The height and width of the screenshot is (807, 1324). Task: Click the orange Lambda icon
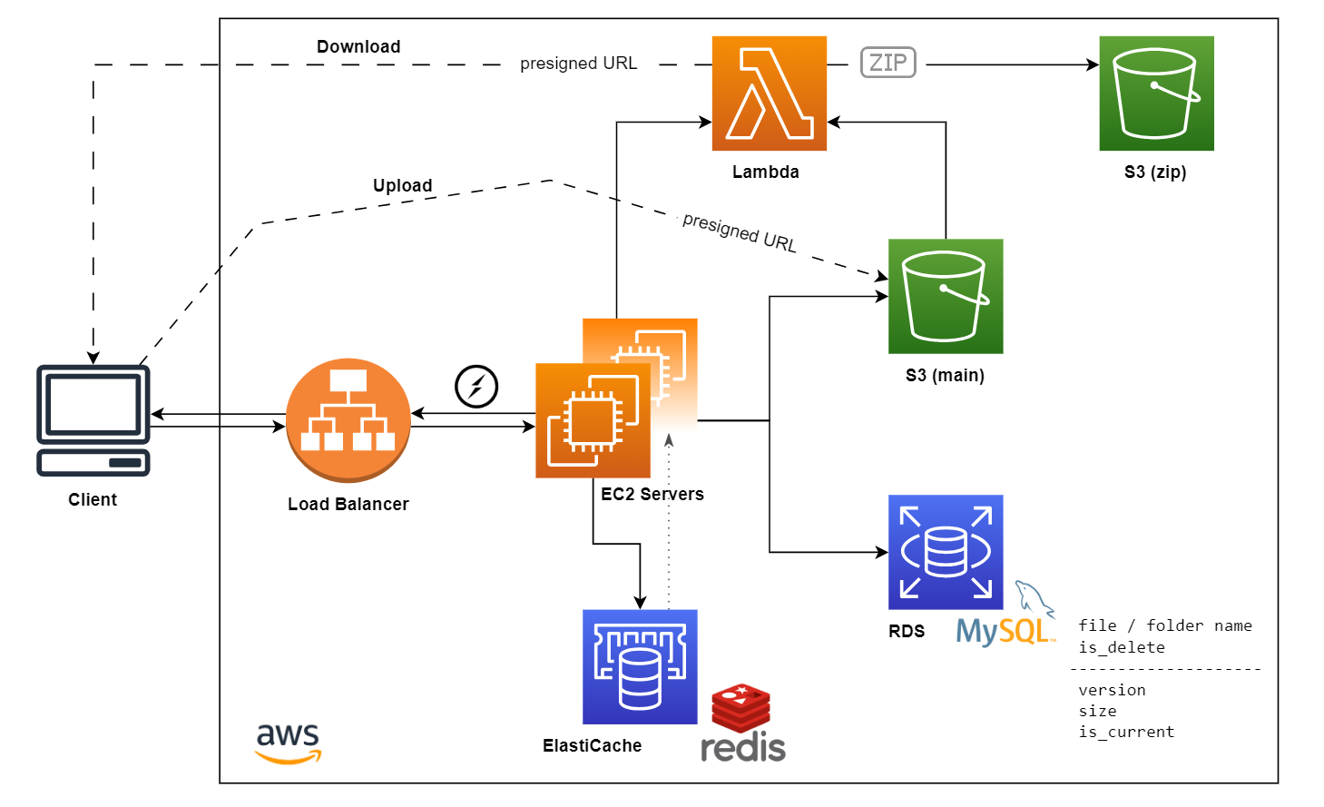(769, 93)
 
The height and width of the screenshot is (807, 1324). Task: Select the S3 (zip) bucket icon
(1156, 93)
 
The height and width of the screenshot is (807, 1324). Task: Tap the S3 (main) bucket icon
(945, 296)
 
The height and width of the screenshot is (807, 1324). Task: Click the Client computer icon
(93, 420)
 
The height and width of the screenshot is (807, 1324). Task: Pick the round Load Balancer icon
(348, 419)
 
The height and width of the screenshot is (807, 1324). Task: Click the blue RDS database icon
(945, 552)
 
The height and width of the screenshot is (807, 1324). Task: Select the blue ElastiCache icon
(640, 666)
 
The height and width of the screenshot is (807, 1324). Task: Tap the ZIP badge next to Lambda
(888, 63)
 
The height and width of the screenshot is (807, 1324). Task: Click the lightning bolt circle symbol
(476, 387)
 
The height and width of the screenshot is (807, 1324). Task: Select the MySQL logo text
(1004, 631)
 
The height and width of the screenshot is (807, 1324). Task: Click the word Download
(358, 46)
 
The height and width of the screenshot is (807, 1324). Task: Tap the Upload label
(402, 185)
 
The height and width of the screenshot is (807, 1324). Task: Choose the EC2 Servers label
(652, 494)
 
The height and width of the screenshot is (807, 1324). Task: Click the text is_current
(1126, 732)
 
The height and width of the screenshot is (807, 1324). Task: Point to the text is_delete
(1122, 647)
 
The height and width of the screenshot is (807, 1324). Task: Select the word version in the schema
(1112, 690)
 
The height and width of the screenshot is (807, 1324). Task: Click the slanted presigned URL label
(739, 232)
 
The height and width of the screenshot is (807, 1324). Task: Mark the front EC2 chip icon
(593, 420)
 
